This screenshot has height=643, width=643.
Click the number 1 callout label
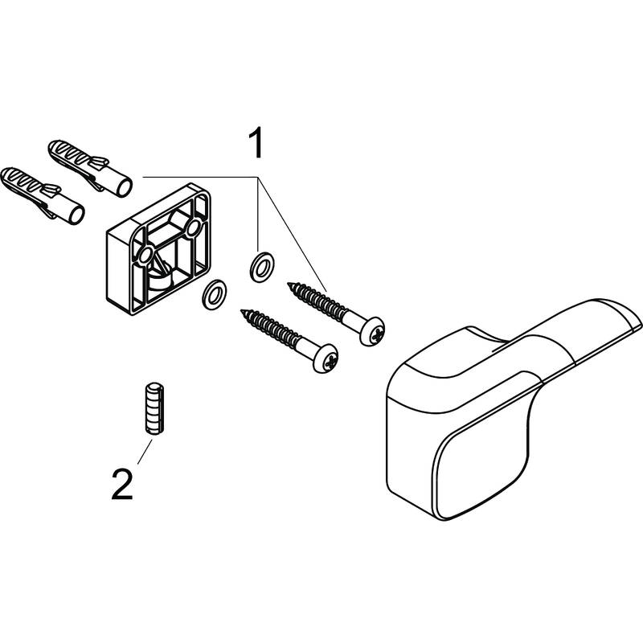coord(256,145)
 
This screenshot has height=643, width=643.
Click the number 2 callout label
coord(121,486)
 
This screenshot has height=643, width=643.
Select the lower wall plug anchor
coord(43,194)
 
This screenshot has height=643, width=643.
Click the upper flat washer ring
coord(260,267)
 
